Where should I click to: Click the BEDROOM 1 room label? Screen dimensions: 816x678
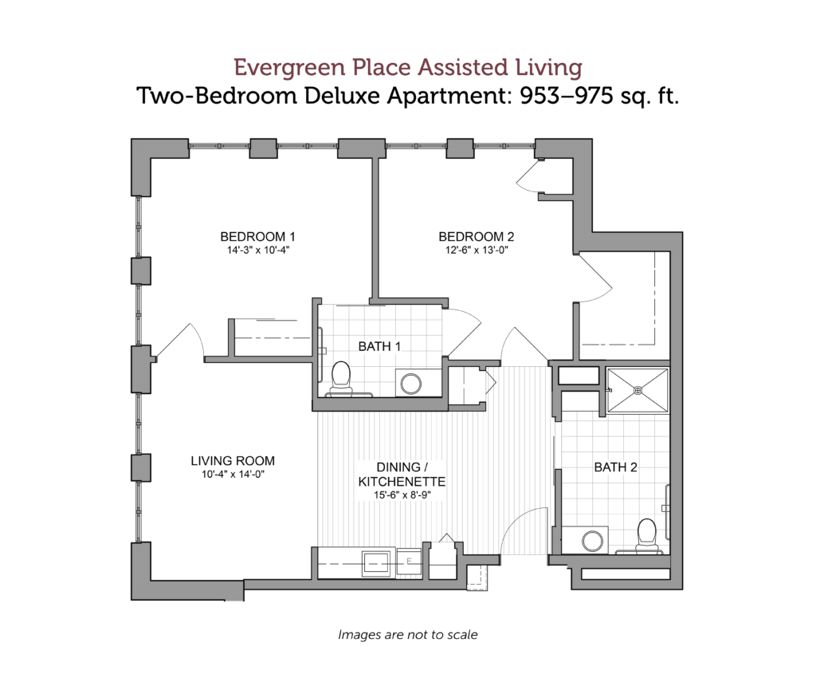click(x=257, y=236)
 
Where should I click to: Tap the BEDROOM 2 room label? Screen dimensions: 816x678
click(x=477, y=236)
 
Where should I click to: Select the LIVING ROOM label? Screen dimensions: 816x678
click(x=233, y=461)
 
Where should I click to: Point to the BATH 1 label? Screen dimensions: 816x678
click(x=379, y=346)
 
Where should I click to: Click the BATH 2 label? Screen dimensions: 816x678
click(x=616, y=467)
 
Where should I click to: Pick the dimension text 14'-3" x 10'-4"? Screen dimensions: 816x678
click(x=257, y=250)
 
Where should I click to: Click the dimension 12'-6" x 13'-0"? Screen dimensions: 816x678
click(x=477, y=250)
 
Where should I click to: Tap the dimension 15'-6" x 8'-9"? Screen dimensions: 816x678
click(x=402, y=495)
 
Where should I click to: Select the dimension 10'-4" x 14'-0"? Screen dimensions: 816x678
click(x=233, y=475)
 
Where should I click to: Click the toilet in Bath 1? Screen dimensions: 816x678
click(x=341, y=376)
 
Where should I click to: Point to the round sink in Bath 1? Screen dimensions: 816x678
click(x=411, y=384)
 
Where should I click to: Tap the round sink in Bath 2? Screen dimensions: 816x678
click(x=592, y=541)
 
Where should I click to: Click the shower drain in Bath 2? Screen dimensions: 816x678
click(x=638, y=390)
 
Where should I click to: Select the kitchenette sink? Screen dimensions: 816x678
click(x=376, y=562)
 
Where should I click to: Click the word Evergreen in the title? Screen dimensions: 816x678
click(x=289, y=68)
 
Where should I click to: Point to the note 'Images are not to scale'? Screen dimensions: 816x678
click(x=407, y=635)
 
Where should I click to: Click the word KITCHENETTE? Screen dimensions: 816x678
click(x=402, y=482)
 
